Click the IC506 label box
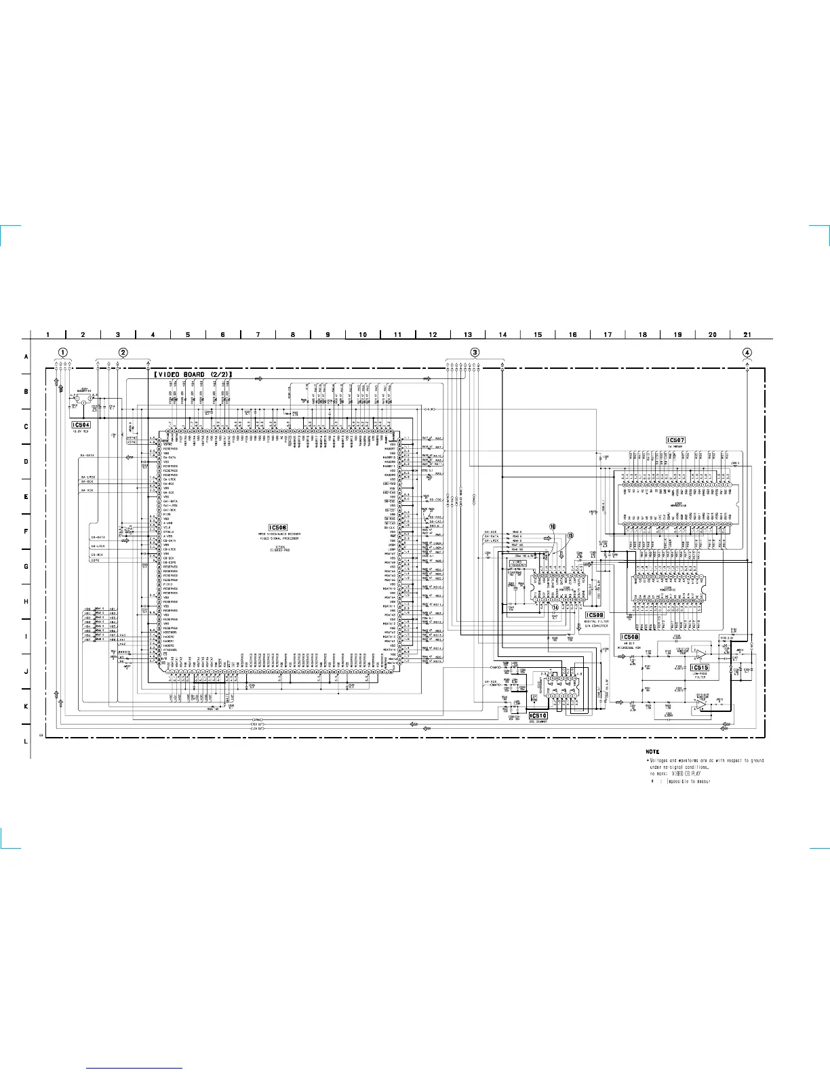click(x=278, y=528)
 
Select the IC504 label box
click(x=81, y=425)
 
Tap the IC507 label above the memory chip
click(x=675, y=440)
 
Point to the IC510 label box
click(x=538, y=715)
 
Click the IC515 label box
click(x=700, y=668)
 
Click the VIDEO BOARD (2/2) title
click(x=193, y=374)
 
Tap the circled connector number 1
click(x=62, y=353)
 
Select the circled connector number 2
click(x=123, y=353)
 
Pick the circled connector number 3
click(x=475, y=353)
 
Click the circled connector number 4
click(x=747, y=353)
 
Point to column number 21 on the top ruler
click(x=747, y=334)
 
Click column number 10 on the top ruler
click(x=363, y=334)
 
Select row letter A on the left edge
click(x=26, y=357)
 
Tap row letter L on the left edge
click(x=26, y=741)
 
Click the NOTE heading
click(x=652, y=751)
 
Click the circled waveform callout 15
click(x=570, y=536)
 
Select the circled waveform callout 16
click(x=553, y=527)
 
